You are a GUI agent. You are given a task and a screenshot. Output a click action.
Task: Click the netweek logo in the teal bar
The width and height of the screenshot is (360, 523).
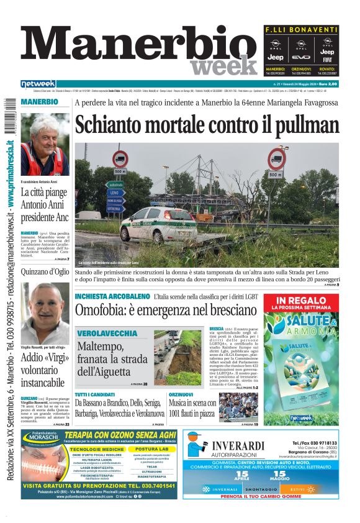(38, 83)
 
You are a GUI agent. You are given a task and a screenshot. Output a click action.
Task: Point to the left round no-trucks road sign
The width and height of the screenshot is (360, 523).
(120, 159)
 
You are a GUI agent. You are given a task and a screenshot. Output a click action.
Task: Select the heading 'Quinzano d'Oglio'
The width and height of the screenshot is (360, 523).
(45, 271)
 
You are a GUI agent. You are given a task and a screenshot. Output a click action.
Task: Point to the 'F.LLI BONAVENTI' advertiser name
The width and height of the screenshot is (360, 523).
(301, 30)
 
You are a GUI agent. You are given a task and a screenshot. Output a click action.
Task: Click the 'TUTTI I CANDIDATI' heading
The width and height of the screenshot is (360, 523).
(95, 394)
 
